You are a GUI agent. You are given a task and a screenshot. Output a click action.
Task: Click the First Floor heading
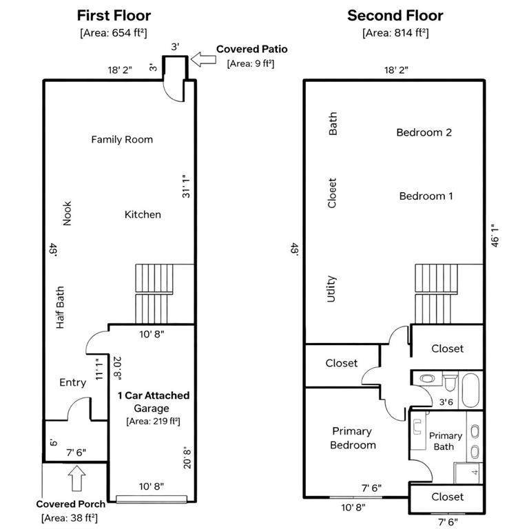114,16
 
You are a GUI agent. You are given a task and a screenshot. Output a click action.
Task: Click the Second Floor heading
395,16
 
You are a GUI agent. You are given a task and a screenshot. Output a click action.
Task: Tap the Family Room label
122,139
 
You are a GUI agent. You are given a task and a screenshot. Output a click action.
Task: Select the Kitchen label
143,215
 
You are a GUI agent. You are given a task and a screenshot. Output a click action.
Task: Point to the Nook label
67,214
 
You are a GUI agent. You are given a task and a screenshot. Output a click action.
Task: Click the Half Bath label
60,307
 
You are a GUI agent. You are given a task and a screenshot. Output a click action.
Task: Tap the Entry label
72,382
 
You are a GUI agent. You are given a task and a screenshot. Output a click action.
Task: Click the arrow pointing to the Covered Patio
203,59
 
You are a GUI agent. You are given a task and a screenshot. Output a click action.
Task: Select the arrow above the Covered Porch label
77,479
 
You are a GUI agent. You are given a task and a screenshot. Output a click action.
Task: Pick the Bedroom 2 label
424,132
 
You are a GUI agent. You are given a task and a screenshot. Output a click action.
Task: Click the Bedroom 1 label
426,196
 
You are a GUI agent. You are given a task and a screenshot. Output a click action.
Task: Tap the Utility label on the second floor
331,289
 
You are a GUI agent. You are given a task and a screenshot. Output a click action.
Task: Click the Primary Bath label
446,441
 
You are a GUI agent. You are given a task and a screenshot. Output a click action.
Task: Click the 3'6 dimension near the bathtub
446,402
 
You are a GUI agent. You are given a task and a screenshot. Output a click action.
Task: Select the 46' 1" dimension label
495,236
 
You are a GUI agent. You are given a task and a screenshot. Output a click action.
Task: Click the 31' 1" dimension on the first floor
186,186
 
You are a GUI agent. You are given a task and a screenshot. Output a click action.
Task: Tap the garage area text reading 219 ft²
153,422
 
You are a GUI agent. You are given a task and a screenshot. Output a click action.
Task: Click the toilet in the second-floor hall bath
450,382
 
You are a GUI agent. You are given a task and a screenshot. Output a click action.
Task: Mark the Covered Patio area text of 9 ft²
251,63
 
